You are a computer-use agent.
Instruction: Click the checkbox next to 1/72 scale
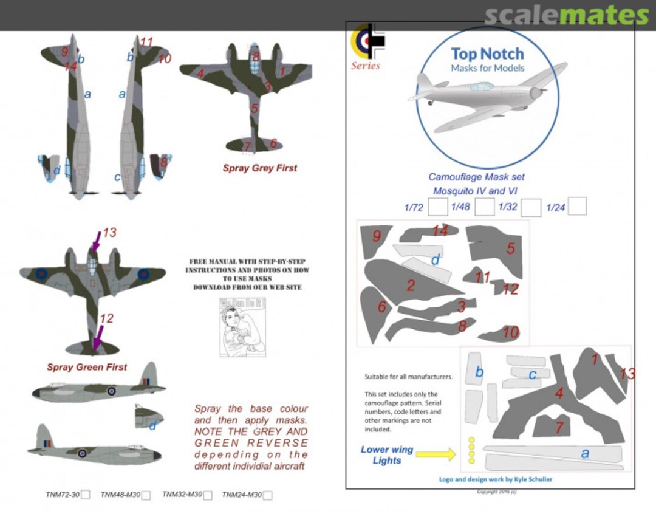[437, 207]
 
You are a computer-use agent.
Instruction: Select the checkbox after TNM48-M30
[146, 495]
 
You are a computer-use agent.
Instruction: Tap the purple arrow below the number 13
[94, 245]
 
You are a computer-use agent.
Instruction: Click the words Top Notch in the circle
[487, 53]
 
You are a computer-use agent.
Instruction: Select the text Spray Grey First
[259, 168]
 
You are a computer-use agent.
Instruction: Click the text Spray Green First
[87, 367]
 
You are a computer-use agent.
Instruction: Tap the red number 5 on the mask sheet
[510, 248]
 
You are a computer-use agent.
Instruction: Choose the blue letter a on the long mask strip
[584, 453]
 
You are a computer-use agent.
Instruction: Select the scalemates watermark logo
[566, 15]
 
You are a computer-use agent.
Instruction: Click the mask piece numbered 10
[504, 334]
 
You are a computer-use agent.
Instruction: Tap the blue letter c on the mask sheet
[532, 375]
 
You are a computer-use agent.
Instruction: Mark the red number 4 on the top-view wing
[200, 74]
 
